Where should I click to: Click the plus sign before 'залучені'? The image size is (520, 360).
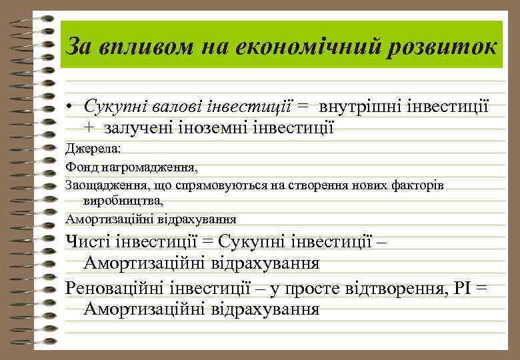click(x=89, y=127)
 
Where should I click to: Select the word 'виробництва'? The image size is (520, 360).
click(x=122, y=201)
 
